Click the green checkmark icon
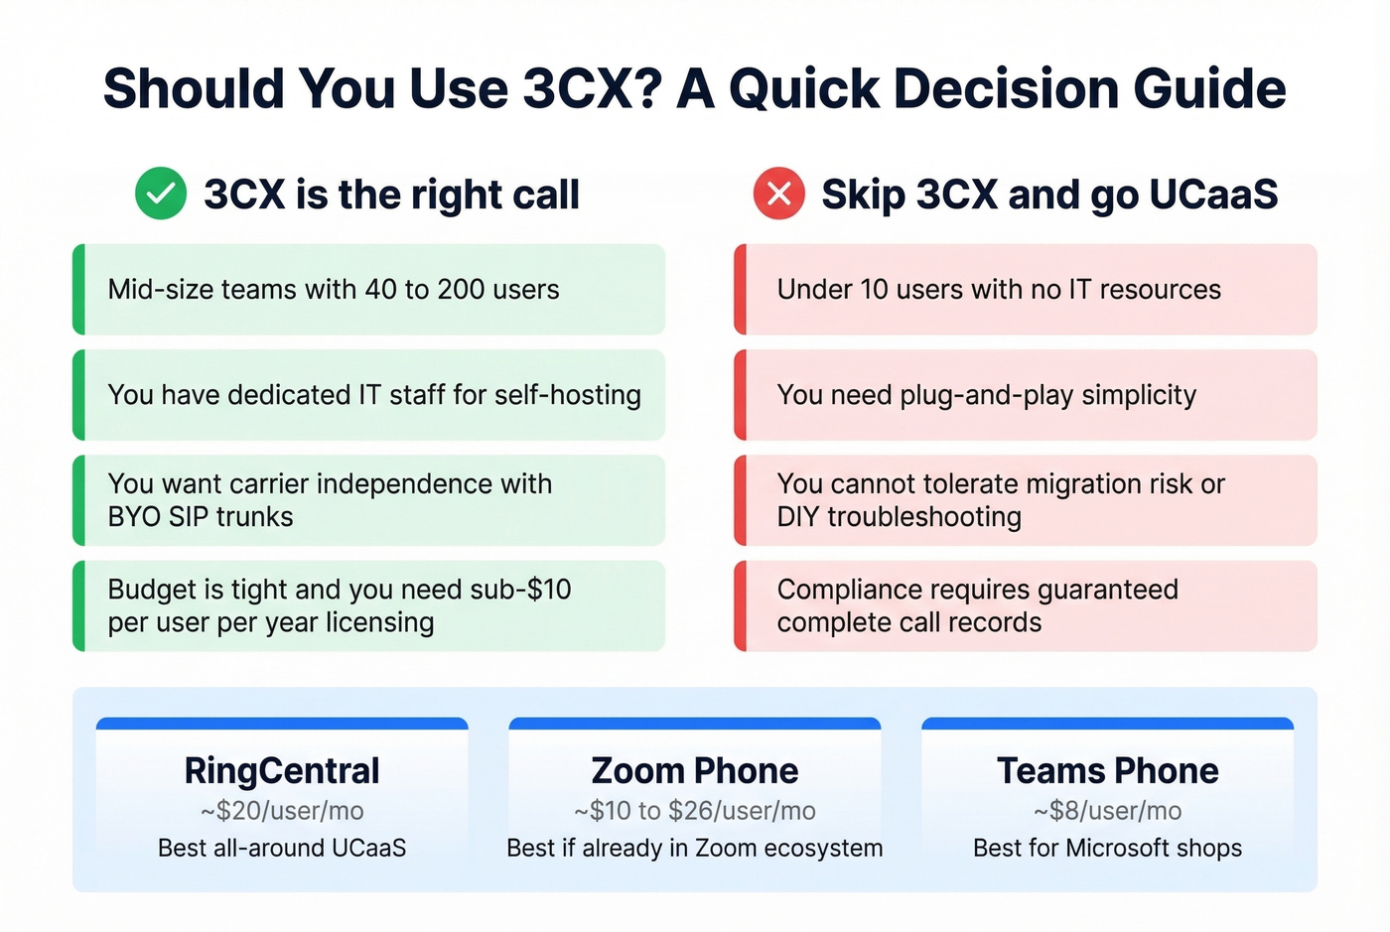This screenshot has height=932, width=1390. click(x=161, y=194)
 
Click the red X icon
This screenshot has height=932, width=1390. click(x=779, y=194)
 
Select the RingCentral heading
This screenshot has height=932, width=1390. click(x=282, y=770)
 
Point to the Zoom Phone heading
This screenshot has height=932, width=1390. click(x=695, y=770)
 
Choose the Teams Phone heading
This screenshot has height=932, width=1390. click(x=1108, y=770)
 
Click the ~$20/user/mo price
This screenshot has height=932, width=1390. click(x=282, y=811)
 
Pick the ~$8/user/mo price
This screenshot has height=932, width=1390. click(x=1108, y=811)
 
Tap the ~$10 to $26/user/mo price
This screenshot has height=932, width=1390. click(x=695, y=811)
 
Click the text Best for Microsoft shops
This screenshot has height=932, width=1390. click(x=1108, y=848)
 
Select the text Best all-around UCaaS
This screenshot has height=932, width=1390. click(x=282, y=848)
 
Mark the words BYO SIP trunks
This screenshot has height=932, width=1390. click(x=201, y=517)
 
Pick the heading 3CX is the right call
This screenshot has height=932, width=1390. click(x=391, y=195)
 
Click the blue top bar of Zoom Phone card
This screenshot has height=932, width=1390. click(x=695, y=724)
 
